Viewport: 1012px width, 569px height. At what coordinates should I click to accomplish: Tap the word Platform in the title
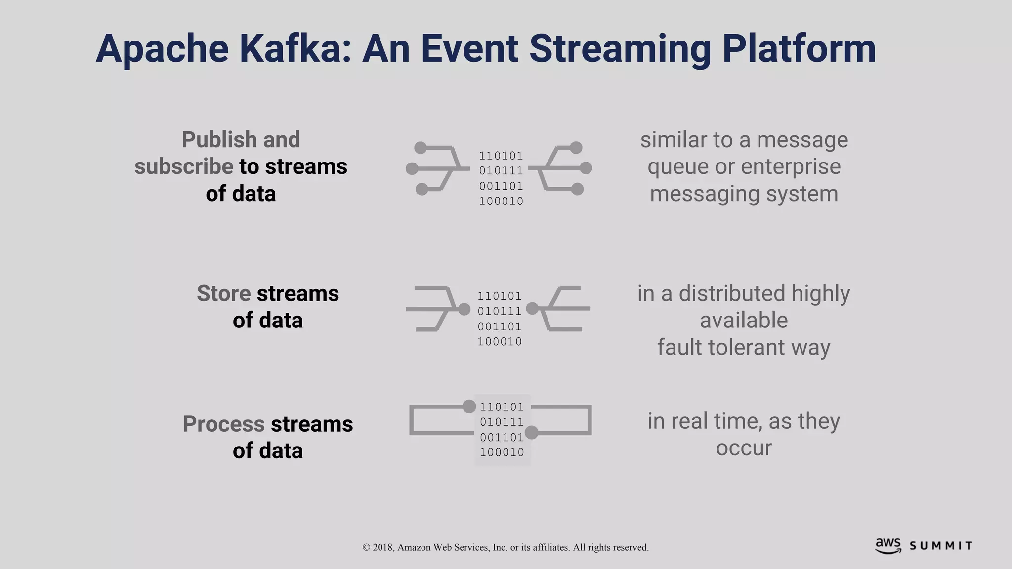coord(799,48)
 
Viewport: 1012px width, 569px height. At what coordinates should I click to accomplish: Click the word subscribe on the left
coord(183,166)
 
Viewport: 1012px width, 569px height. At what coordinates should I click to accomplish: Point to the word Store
coord(224,293)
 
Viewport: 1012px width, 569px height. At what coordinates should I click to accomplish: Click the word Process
coord(223,424)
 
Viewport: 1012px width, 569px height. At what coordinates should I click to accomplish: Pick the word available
coord(744,320)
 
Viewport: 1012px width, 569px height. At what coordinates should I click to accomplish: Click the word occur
coord(744,448)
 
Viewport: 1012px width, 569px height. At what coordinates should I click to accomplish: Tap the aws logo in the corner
coord(888,545)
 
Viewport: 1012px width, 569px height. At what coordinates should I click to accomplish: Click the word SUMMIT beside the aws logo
coord(941,546)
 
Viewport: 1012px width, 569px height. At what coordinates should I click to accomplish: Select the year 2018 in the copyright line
coord(383,547)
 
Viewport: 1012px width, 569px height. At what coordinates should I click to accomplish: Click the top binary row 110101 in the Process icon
coord(502,407)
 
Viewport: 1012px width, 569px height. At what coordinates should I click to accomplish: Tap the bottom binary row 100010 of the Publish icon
coord(501,201)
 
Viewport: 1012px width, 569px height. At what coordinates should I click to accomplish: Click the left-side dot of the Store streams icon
coord(464,309)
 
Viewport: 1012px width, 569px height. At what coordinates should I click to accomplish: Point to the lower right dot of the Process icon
coord(531,433)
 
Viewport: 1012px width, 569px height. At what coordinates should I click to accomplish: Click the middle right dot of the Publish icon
coord(586,168)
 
